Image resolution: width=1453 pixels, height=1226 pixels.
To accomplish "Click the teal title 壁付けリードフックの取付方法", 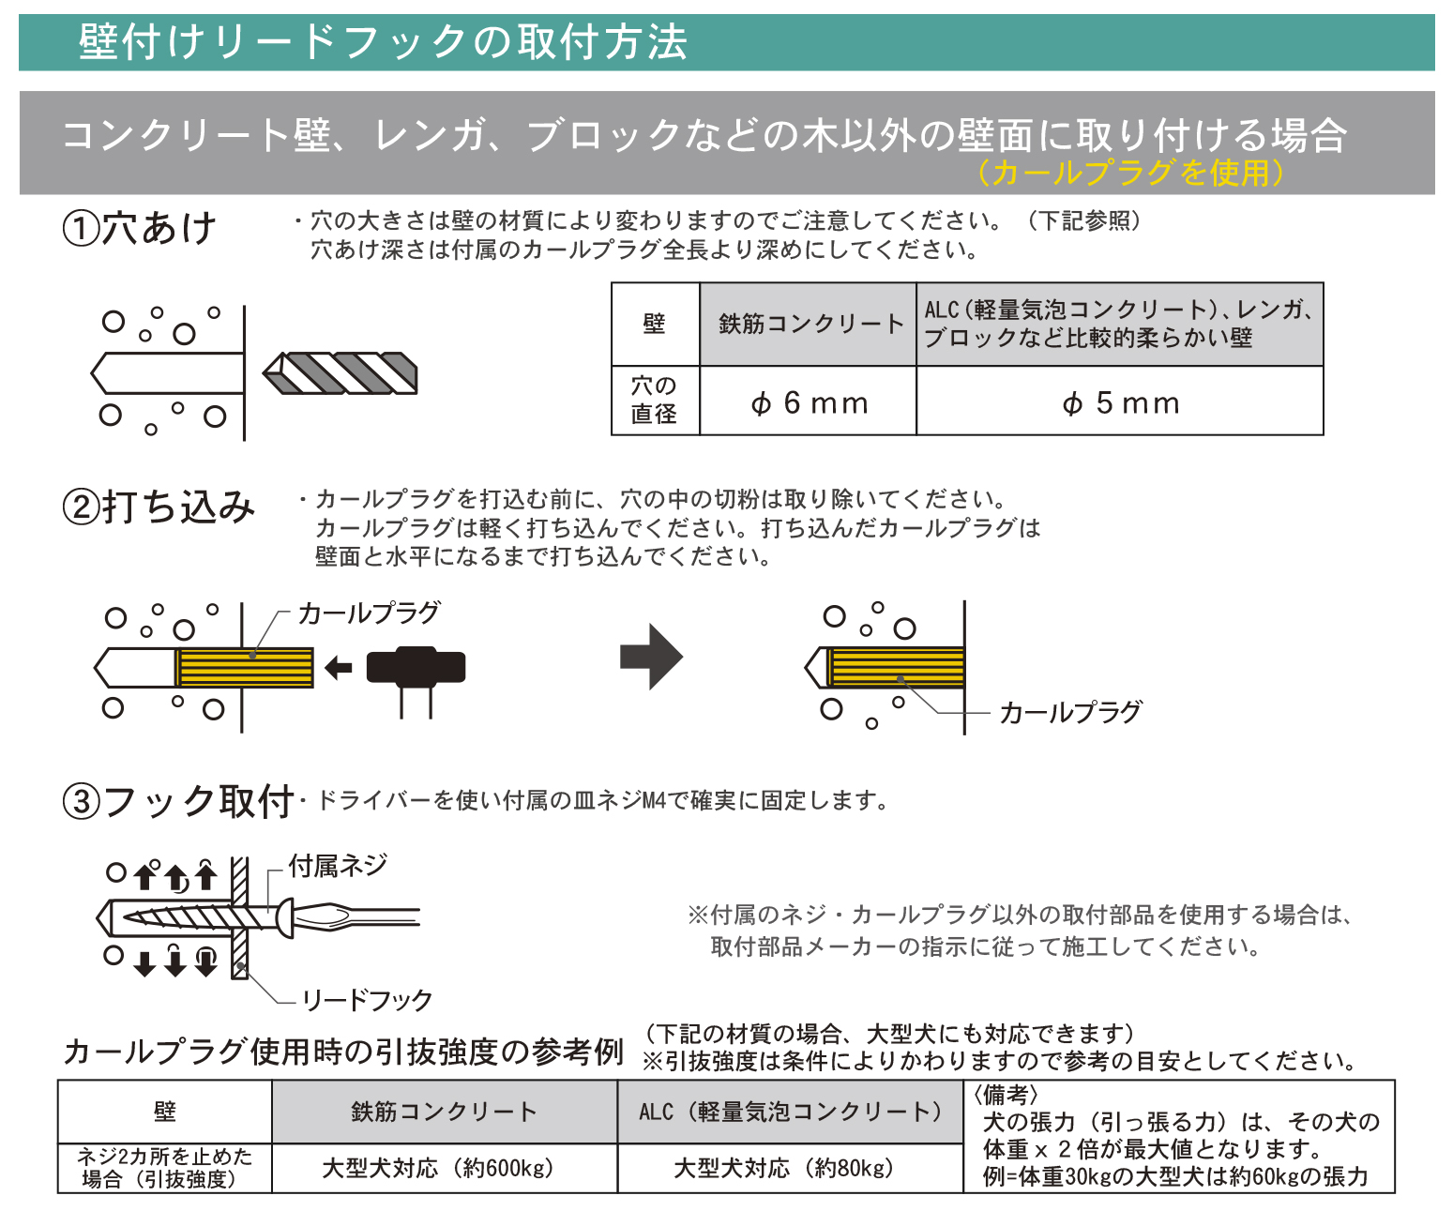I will (x=383, y=42).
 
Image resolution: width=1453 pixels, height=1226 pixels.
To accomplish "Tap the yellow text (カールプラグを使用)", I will (x=1129, y=173).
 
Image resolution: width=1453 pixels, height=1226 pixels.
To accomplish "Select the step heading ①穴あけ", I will (x=140, y=228).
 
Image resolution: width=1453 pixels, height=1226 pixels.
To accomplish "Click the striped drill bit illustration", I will (x=341, y=373).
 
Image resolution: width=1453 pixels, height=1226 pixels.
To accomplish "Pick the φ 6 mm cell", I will (x=809, y=403).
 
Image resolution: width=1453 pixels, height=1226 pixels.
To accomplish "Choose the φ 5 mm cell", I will (x=1120, y=403).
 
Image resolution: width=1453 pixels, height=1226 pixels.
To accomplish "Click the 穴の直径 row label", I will (x=655, y=401).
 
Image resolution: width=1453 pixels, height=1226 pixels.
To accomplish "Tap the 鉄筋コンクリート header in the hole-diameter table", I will (x=809, y=325).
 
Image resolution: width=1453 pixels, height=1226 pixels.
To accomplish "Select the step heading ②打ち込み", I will (x=159, y=507).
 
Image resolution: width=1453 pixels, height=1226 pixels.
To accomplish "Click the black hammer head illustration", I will (x=416, y=667).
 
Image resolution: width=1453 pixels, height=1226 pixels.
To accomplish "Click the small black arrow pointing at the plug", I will (x=338, y=668).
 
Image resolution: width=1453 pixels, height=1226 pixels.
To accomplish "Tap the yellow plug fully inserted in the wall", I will (x=897, y=668).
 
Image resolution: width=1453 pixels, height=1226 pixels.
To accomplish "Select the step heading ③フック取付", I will (x=178, y=802).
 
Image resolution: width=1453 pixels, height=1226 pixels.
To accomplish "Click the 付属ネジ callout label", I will (x=338, y=866).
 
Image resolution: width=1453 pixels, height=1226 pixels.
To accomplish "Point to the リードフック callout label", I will (x=367, y=1001).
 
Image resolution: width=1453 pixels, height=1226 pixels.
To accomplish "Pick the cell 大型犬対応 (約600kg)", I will (x=438, y=1169).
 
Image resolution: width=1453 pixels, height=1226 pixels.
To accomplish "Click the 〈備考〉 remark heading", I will (x=1006, y=1095).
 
